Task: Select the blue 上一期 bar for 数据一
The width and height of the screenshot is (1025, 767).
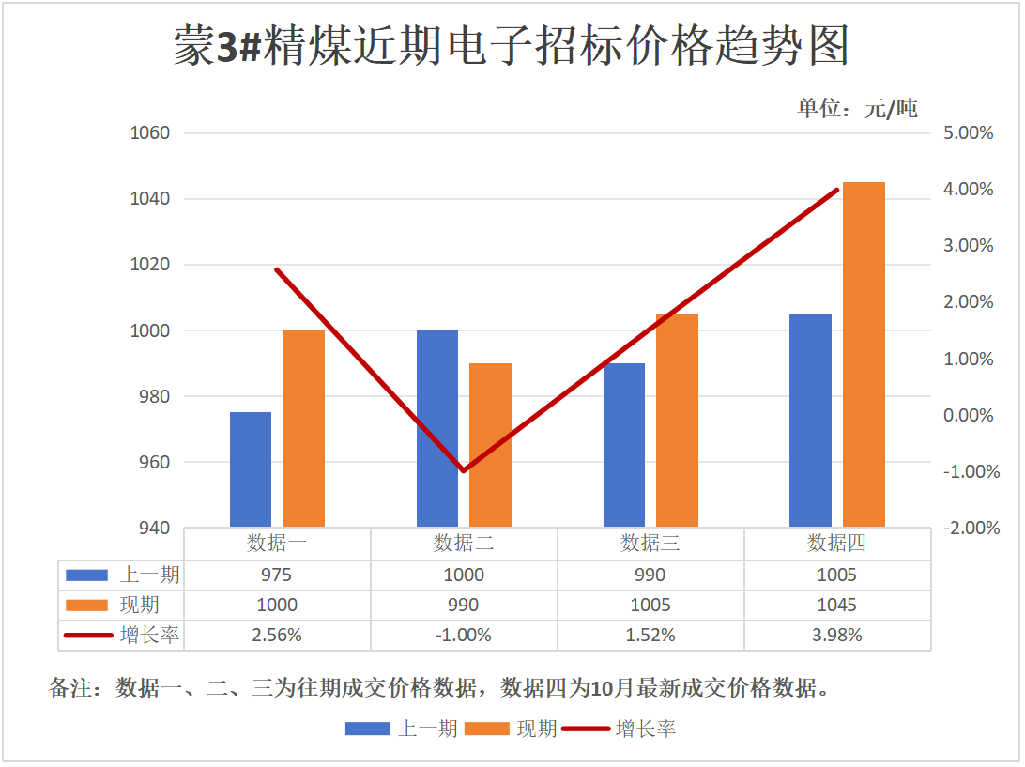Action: (x=251, y=469)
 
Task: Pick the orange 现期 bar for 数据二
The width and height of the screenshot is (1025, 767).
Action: (x=490, y=445)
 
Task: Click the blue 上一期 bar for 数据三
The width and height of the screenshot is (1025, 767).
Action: (x=624, y=445)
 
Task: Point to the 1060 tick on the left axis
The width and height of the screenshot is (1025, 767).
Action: (x=149, y=133)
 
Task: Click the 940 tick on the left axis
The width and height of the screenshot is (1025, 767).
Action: (x=149, y=529)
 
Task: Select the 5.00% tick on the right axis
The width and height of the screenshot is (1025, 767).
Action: (x=968, y=133)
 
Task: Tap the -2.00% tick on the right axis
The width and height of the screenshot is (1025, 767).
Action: (x=966, y=529)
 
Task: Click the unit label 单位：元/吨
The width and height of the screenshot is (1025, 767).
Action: (x=857, y=108)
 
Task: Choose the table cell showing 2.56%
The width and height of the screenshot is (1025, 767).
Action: (x=277, y=636)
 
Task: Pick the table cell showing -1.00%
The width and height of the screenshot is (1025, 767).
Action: (x=464, y=636)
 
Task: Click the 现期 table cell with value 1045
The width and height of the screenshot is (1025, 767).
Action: (x=837, y=606)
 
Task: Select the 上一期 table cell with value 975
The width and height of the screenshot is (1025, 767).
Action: (x=277, y=575)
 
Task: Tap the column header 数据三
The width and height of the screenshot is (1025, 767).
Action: (x=650, y=544)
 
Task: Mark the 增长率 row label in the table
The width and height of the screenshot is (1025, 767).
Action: (x=149, y=636)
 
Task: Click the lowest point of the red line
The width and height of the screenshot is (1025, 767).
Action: (x=464, y=470)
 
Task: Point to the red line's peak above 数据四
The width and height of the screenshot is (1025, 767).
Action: (x=837, y=190)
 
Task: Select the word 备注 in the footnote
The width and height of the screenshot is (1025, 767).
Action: (x=71, y=688)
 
